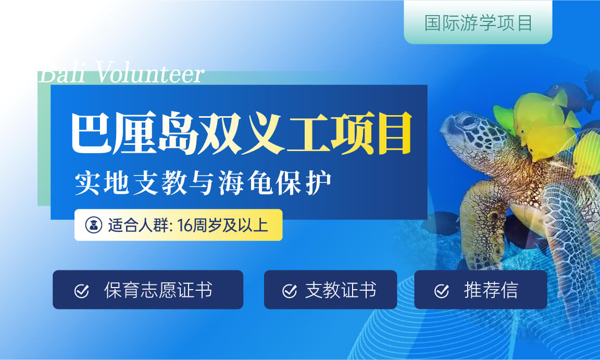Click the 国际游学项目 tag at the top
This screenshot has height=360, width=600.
[478, 22]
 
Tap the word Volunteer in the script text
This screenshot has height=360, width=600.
[149, 73]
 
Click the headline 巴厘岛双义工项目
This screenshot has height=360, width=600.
[242, 132]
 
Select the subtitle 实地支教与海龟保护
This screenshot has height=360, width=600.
[203, 183]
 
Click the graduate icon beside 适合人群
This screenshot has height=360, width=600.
[94, 225]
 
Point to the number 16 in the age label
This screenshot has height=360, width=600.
[184, 226]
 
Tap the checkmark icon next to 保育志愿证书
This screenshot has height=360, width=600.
[81, 291]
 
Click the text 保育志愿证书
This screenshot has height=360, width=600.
[158, 290]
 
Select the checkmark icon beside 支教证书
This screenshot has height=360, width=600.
[290, 291]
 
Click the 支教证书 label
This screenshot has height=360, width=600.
[341, 290]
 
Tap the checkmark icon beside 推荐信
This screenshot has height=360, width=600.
[442, 291]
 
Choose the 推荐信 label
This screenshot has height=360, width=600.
[491, 290]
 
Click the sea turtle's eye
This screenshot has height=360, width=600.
[468, 121]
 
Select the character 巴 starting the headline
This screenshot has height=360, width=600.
[91, 132]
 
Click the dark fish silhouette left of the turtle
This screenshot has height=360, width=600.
[440, 222]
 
